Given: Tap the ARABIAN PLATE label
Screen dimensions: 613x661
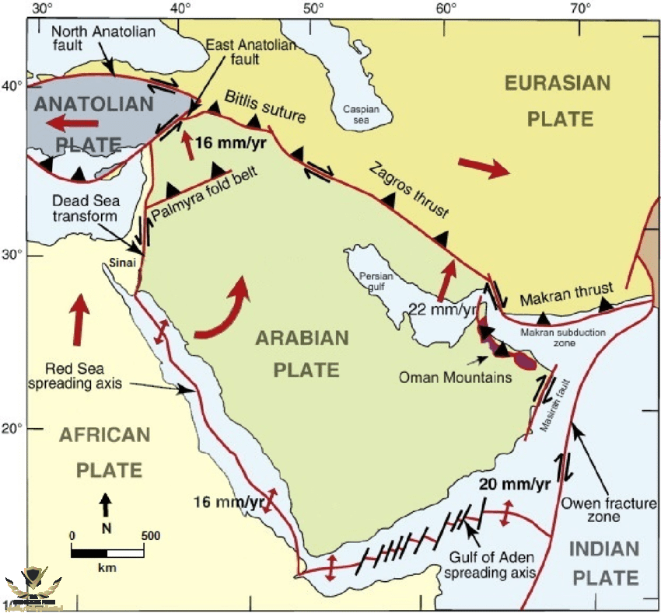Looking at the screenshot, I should [x=306, y=354].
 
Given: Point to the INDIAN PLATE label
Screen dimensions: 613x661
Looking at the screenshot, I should [x=604, y=563].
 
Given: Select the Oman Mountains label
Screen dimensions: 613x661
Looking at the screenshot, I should [x=455, y=378].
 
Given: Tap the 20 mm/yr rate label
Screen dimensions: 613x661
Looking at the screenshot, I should [x=514, y=484].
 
